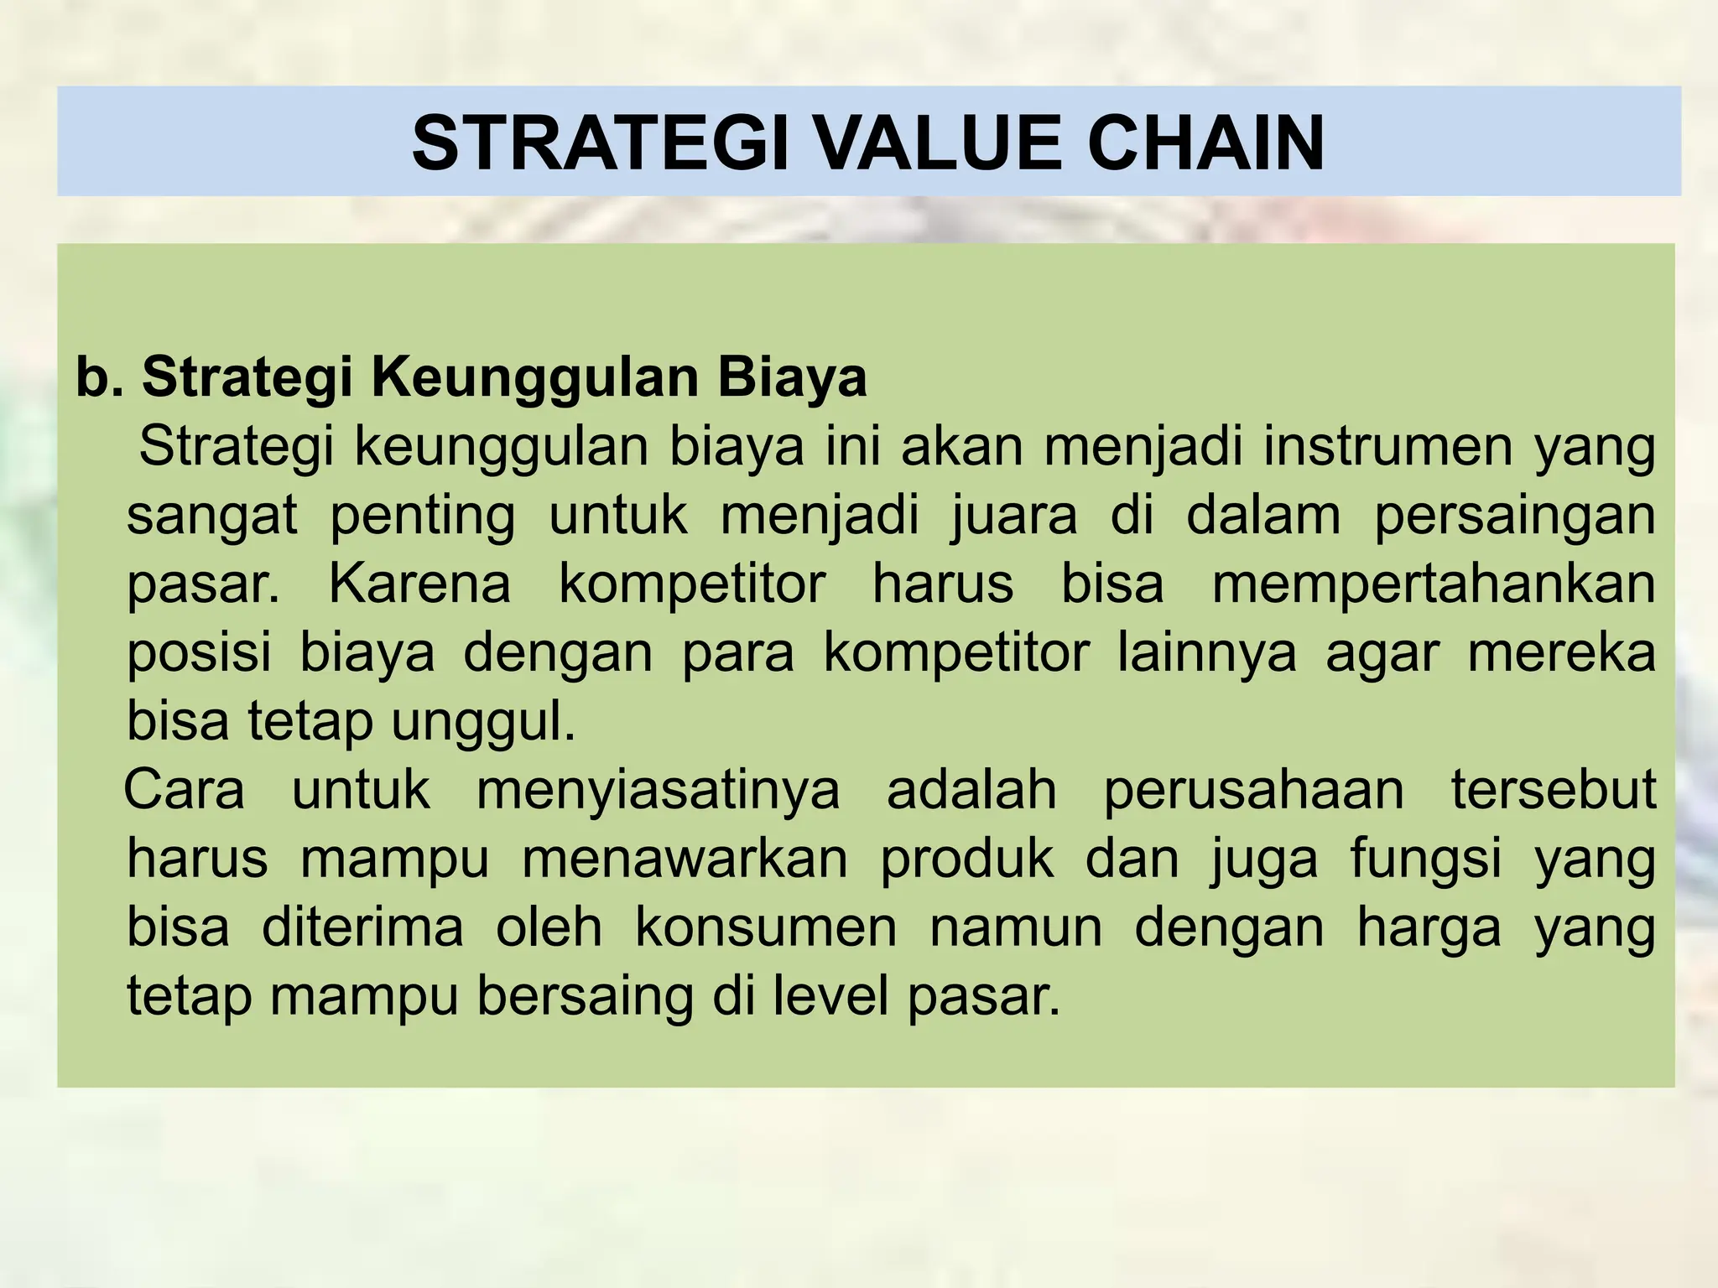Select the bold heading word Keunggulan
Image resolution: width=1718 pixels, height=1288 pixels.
coord(534,377)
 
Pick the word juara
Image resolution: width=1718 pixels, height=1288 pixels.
coord(1014,515)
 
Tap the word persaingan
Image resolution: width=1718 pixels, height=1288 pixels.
coord(1514,517)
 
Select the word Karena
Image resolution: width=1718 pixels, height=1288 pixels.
coord(419,584)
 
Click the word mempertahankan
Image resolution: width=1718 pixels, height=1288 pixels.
coord(1434,585)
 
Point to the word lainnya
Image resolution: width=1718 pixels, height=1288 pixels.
coord(1207,654)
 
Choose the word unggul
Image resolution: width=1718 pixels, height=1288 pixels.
coord(483,723)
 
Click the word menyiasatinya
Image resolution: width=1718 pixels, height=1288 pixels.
coord(658,792)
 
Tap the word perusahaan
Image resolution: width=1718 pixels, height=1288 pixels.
coord(1253,792)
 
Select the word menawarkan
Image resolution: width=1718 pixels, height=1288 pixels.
coord(685,860)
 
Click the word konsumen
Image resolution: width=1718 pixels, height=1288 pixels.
coord(766,929)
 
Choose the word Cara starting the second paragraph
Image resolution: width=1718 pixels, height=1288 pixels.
coord(185,792)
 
